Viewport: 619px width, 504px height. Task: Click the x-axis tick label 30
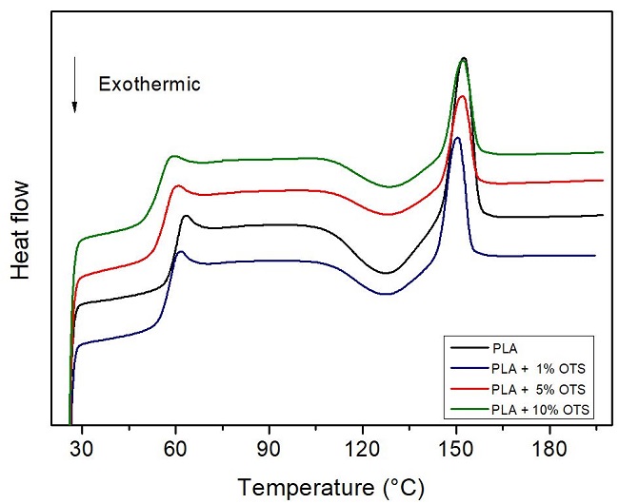click(83, 447)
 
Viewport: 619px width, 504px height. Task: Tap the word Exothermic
click(150, 85)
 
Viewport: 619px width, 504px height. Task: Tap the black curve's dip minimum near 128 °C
click(386, 273)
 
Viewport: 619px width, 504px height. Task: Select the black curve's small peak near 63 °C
click(186, 217)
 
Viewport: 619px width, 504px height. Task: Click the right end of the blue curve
click(595, 255)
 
